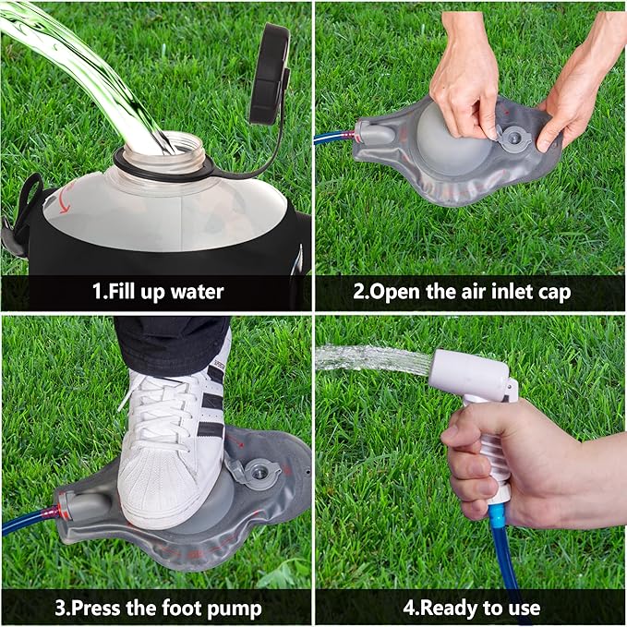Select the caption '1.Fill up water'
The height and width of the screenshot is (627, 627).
[157, 293]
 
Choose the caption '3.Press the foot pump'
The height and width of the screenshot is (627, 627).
[157, 609]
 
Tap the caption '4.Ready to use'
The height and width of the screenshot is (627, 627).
[472, 609]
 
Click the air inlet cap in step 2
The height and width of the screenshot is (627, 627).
[511, 139]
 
